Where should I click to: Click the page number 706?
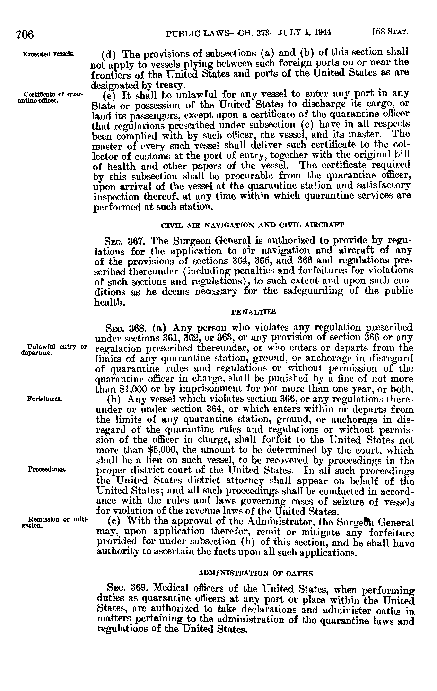click(x=25, y=35)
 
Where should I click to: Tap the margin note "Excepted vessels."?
click(x=49, y=54)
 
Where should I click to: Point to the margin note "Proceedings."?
click(x=47, y=470)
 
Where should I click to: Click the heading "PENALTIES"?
click(x=253, y=312)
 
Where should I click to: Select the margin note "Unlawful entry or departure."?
click(x=54, y=349)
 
